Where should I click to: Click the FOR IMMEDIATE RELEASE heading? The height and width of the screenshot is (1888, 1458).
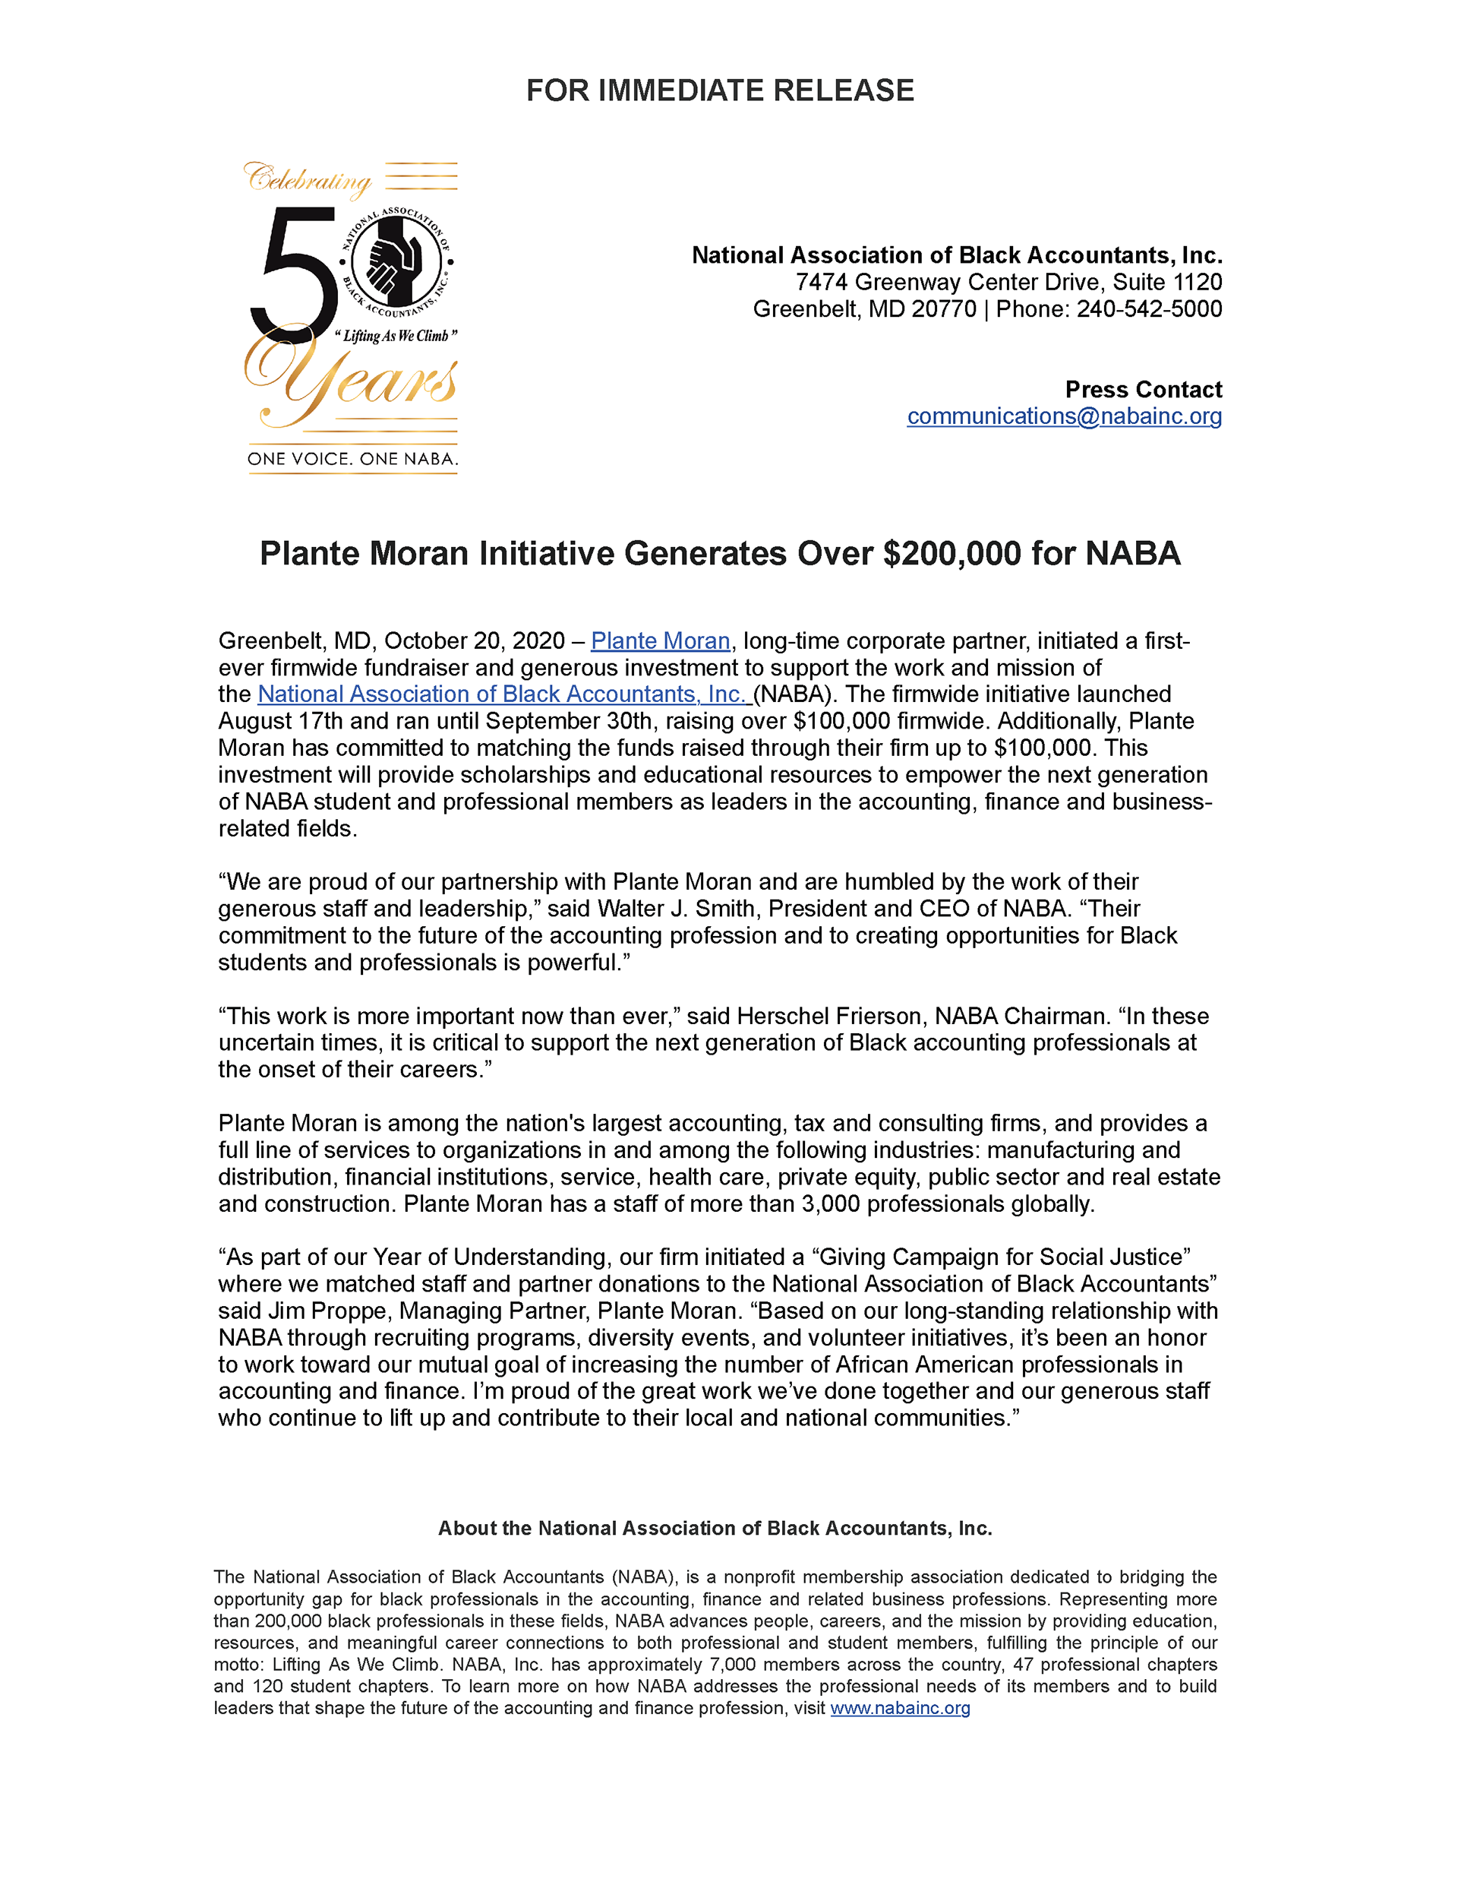pyautogui.click(x=720, y=90)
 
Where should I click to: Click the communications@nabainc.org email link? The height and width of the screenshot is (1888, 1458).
pyautogui.click(x=1064, y=416)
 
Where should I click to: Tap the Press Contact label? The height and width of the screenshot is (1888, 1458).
pyautogui.click(x=1144, y=390)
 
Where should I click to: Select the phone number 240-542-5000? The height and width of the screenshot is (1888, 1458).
pyautogui.click(x=1149, y=309)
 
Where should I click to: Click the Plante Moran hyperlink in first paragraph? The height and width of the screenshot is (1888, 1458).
pyautogui.click(x=661, y=641)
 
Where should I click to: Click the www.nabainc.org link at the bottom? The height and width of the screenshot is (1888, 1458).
pyautogui.click(x=900, y=1708)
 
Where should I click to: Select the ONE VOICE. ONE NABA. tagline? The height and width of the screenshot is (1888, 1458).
pyautogui.click(x=352, y=459)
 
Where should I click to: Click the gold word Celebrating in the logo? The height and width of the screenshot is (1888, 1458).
pyautogui.click(x=308, y=180)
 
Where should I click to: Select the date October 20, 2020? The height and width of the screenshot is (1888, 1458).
pyautogui.click(x=474, y=641)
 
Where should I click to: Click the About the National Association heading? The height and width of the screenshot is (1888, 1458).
pyautogui.click(x=715, y=1529)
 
